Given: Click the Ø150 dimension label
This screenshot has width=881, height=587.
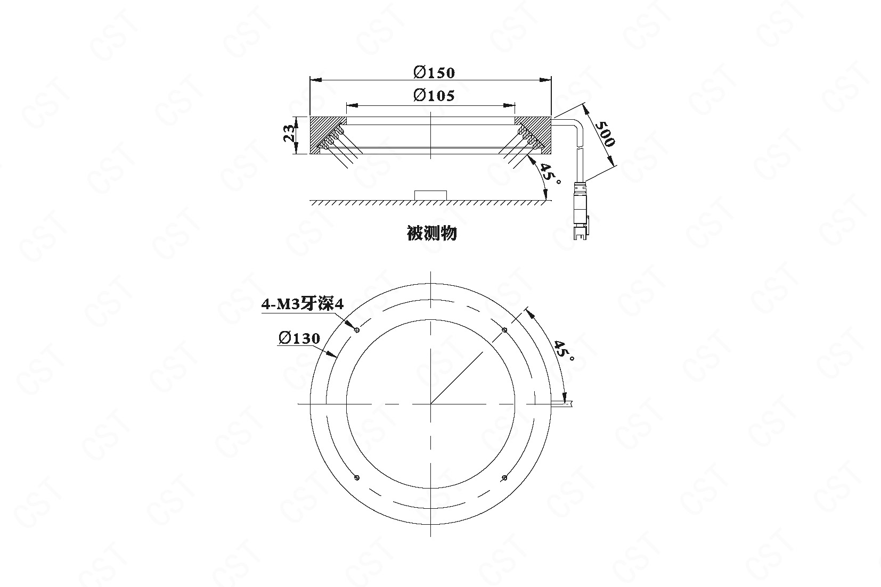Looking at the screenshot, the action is point(434,72).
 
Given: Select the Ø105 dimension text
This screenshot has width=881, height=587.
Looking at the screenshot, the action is point(434,95).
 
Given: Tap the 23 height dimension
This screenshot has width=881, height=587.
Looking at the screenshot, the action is point(289,133).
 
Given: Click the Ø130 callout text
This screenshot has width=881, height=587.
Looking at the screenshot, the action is point(299,338).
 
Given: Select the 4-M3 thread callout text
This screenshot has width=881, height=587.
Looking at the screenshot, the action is point(303,304).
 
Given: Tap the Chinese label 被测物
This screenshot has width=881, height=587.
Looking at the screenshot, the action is point(431,234).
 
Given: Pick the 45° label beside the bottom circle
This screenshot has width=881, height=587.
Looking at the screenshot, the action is point(564,351).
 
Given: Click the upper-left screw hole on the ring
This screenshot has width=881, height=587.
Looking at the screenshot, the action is point(357,329).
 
